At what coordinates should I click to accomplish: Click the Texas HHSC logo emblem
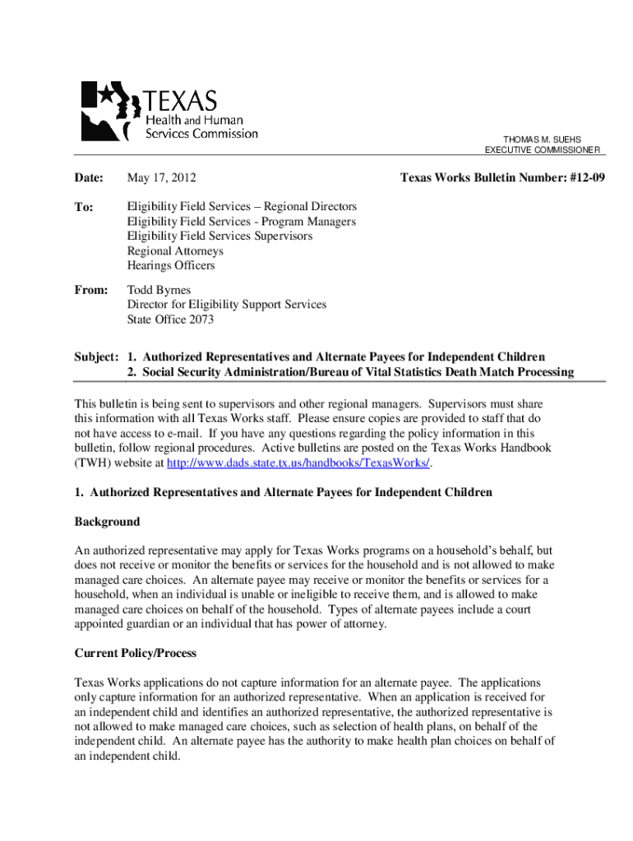click(110, 112)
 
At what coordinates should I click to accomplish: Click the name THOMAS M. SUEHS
click(543, 140)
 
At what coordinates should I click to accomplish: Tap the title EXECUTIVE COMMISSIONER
click(543, 150)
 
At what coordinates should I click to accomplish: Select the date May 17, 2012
click(161, 177)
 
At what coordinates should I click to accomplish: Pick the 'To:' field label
click(84, 207)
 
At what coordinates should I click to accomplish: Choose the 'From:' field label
click(90, 290)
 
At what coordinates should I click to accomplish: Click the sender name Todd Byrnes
click(159, 290)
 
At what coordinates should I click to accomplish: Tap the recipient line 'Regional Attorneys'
click(175, 251)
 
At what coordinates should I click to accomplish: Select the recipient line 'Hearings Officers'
click(171, 266)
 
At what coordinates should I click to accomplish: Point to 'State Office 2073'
click(170, 319)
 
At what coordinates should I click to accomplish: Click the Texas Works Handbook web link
click(298, 463)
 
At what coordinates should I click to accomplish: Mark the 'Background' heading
click(107, 522)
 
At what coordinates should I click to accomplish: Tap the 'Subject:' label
click(97, 357)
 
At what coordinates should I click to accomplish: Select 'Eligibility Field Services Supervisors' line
click(219, 237)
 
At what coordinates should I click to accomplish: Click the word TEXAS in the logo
click(182, 102)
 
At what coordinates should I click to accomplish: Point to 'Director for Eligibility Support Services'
click(226, 305)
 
